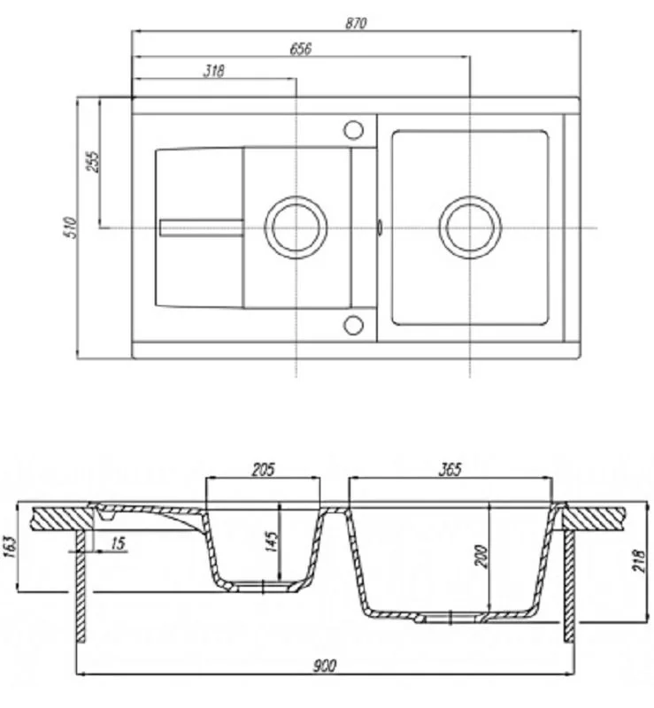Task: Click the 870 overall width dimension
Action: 355,24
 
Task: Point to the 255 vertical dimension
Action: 94,160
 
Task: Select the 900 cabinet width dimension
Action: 325,666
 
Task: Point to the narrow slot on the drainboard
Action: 201,227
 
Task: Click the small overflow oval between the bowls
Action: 379,227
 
